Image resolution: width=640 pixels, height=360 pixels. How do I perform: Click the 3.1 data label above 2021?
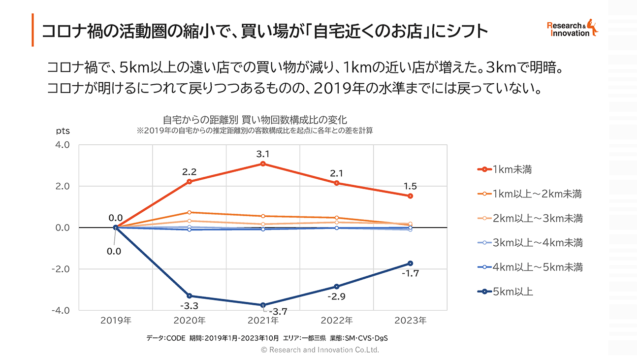click(263, 154)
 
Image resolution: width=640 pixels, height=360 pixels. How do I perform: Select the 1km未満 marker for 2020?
click(189, 182)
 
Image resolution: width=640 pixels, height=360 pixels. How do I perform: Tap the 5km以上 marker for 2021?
click(263, 305)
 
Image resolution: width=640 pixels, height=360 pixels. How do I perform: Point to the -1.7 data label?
click(411, 273)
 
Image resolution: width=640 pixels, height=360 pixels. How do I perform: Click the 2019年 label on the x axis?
click(116, 321)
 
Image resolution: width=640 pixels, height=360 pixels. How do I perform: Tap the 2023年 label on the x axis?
click(411, 321)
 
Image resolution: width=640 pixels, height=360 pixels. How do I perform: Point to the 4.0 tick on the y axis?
click(62, 145)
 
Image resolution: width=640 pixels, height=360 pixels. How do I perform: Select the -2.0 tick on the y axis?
click(61, 269)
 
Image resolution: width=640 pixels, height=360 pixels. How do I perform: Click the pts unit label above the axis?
click(63, 131)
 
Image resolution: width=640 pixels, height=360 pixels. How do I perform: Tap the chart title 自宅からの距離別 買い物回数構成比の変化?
click(255, 120)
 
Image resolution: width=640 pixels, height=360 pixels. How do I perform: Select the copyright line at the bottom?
click(320, 350)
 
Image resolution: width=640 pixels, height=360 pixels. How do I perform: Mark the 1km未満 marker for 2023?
click(410, 196)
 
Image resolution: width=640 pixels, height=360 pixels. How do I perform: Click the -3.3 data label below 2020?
click(189, 306)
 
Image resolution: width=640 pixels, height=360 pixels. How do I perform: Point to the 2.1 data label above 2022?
click(337, 173)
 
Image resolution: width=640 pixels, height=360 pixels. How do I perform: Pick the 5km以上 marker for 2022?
click(337, 287)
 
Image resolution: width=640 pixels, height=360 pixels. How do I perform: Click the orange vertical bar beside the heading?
click(32, 30)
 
